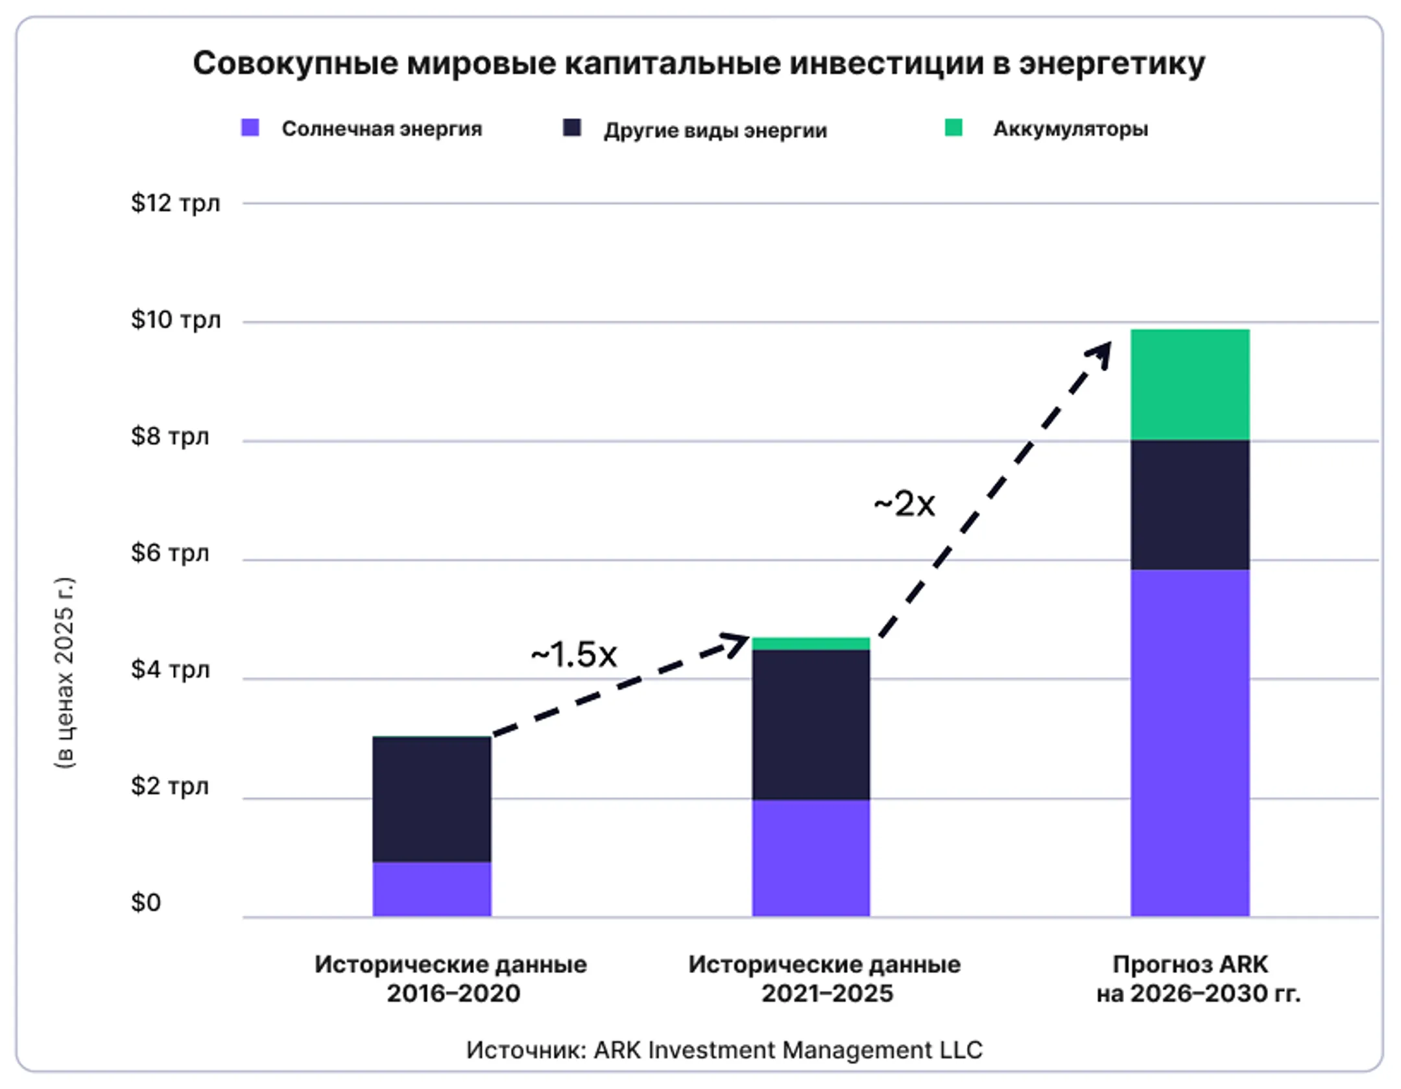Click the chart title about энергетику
699,64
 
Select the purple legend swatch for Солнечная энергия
250,127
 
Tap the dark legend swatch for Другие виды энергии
571,127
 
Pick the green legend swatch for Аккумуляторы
953,127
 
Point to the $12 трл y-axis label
175,203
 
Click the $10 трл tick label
175,320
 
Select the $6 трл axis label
170,553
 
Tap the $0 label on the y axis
145,902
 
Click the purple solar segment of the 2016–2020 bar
431,889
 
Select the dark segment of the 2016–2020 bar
431,799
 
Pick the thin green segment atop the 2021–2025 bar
811,643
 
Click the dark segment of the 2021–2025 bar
811,724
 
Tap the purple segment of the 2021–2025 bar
811,857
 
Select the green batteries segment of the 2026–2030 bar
1190,385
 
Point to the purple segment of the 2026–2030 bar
1190,743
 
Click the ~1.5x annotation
573,654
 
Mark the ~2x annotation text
904,504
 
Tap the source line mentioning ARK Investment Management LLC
724,1049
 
